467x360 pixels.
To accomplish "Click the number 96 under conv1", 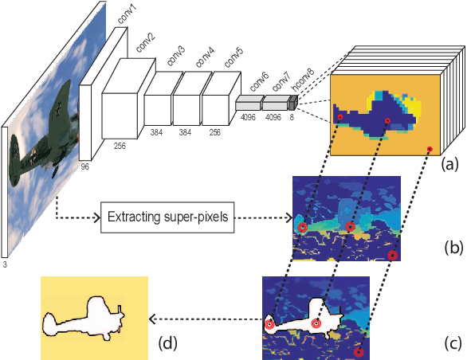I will click(x=85, y=166).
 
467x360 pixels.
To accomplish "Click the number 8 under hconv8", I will click(x=292, y=116).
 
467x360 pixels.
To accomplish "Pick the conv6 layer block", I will click(x=249, y=104).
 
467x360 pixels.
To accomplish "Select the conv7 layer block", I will click(x=276, y=104).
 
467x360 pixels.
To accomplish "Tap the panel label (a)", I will click(x=452, y=165).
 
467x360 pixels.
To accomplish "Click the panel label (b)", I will click(x=453, y=248).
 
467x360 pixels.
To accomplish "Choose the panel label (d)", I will click(x=169, y=344).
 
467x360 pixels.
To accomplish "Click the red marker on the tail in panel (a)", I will click(x=339, y=118).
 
